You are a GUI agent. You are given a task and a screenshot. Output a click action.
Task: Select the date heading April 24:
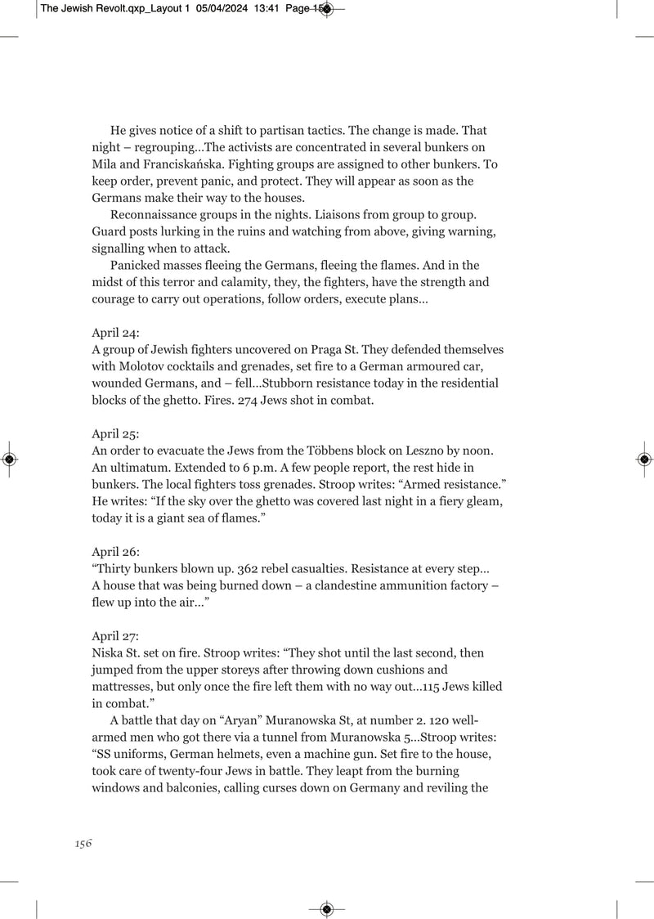115,333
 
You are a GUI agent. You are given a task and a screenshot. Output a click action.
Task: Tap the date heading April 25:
115,434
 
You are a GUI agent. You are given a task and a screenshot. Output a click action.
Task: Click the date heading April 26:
115,552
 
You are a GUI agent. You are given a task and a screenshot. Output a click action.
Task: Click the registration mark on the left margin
8,459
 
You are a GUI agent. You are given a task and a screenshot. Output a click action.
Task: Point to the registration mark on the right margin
644,459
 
